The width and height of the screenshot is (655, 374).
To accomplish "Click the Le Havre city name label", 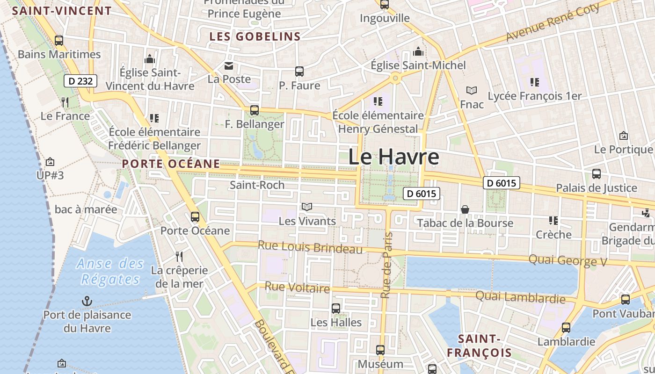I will [393, 157].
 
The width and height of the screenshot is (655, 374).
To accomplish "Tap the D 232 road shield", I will [80, 81].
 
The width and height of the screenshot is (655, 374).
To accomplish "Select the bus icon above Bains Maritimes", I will [59, 41].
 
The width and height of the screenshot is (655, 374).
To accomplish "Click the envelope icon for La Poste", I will [229, 66].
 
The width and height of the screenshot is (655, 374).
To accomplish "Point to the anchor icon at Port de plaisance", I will [87, 301].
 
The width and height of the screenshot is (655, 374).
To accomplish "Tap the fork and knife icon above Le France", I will [65, 102].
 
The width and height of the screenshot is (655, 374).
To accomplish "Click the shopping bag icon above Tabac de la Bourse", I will [465, 209].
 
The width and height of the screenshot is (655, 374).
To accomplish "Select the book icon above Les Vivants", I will [307, 207].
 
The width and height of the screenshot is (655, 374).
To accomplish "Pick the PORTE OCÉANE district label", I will [171, 164].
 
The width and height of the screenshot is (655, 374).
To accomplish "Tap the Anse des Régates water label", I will [110, 271].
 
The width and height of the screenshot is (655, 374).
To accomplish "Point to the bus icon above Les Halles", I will [336, 309].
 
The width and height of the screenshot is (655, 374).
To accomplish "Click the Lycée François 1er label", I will [535, 96].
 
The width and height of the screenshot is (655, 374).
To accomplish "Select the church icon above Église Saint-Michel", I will [418, 51].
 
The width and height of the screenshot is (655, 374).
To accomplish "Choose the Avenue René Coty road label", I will [553, 22].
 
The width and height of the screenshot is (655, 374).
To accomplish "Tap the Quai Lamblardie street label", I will [520, 297].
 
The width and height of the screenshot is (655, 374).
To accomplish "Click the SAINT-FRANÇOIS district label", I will [479, 345].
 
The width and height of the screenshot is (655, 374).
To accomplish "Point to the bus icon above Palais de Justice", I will [597, 174].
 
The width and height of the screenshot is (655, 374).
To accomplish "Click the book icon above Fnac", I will [472, 90].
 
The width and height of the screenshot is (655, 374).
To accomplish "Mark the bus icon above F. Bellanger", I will [255, 110].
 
